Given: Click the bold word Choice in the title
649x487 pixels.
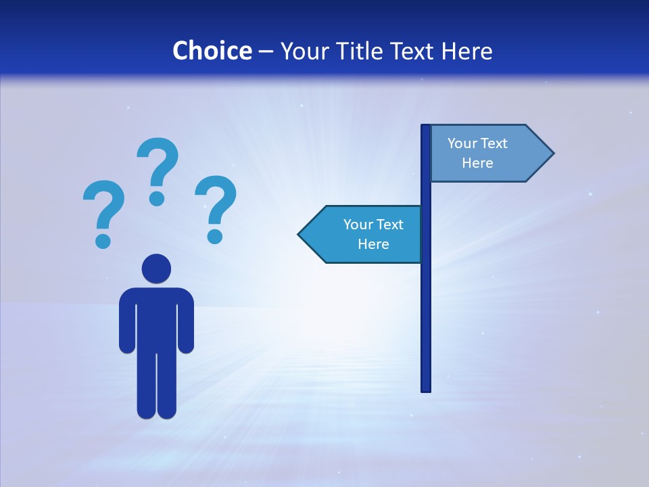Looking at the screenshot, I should tap(212, 51).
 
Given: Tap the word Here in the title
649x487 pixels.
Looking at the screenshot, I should tap(466, 51).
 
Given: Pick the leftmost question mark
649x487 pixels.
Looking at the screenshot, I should tap(103, 206).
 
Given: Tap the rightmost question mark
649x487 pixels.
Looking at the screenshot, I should tap(216, 203).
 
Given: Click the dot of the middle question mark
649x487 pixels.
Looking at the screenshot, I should tap(157, 198).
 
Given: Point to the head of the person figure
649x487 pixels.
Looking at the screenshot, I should tap(156, 269).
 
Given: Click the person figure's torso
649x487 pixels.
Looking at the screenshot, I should tap(156, 318).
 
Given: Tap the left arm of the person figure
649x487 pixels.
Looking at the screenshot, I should tap(127, 321).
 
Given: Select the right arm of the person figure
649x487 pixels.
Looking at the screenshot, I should tap(186, 321).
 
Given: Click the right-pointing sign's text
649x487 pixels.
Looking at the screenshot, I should tap(477, 153).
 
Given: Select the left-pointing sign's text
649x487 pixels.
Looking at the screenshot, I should tap(373, 234).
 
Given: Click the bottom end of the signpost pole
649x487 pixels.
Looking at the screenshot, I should tap(426, 388).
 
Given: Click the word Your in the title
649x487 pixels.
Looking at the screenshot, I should tap(304, 51).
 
